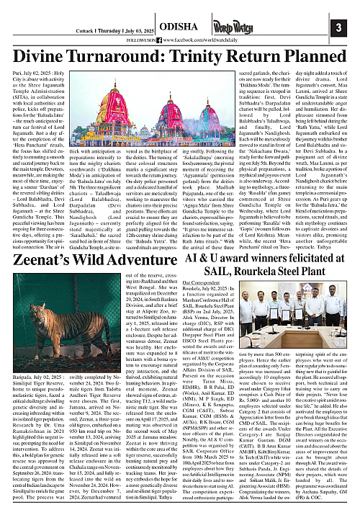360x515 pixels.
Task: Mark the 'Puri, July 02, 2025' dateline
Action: point(35,73)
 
